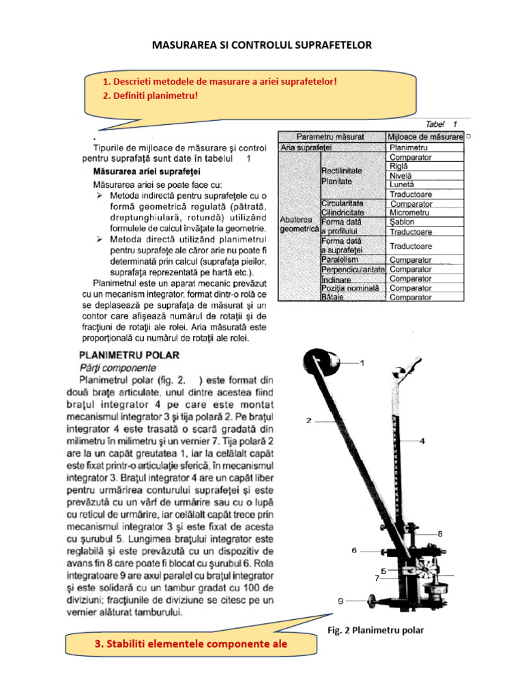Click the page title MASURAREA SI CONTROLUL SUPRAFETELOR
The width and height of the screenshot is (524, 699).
[261, 45]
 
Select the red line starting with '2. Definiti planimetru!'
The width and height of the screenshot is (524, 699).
[150, 96]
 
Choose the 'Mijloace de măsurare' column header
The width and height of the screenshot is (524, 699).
[424, 137]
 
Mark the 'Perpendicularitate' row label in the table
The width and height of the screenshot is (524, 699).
[353, 270]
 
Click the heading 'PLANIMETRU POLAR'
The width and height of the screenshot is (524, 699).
[129, 355]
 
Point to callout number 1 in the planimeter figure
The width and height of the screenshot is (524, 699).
[362, 364]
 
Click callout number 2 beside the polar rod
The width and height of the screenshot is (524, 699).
[308, 420]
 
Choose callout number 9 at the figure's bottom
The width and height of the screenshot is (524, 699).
[340, 601]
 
